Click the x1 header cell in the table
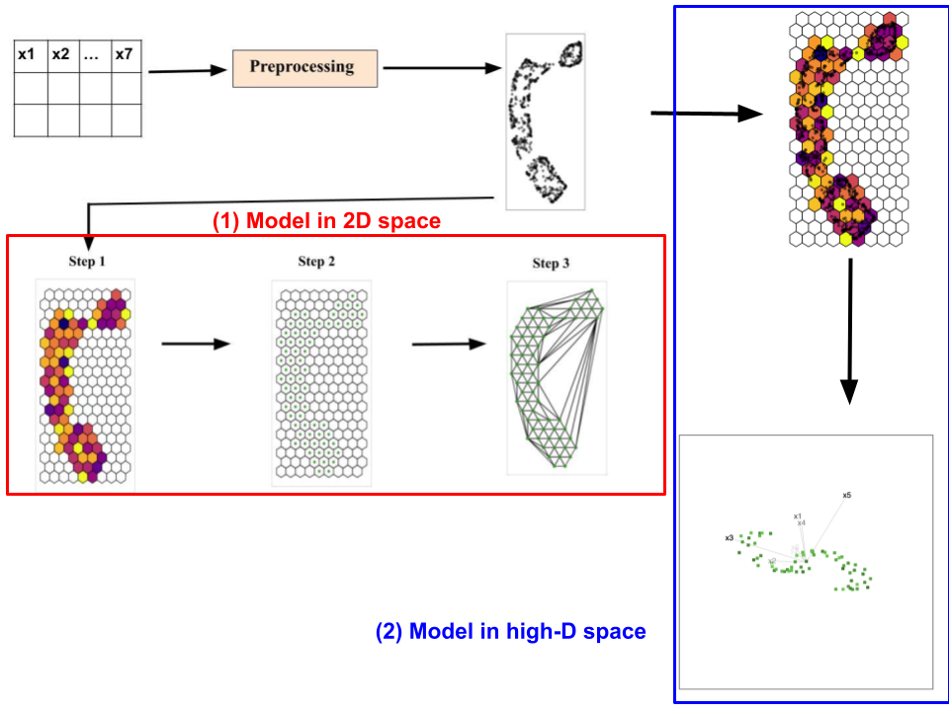pos(27,55)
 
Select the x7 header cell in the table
pos(124,55)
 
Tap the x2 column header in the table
pos(61,55)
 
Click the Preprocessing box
pos(302,67)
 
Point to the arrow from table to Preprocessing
pos(188,70)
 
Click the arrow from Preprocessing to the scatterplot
pos(441,68)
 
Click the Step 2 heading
pos(317,262)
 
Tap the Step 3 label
pos(551,264)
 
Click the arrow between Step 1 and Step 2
pos(195,344)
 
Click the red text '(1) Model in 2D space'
pos(326,222)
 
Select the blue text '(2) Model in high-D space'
pos(511,631)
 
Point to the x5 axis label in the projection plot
pos(847,495)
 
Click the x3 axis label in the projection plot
pos(729,538)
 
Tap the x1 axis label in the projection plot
pos(797,515)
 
